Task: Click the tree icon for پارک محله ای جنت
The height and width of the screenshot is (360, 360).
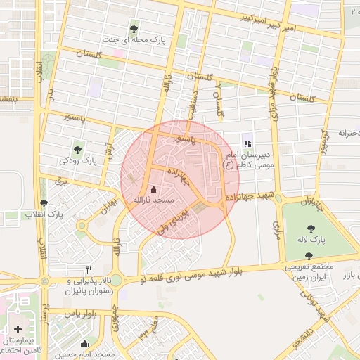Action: point(134,29)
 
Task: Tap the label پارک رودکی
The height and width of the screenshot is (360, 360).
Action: point(78,161)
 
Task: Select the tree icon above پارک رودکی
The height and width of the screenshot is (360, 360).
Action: point(78,148)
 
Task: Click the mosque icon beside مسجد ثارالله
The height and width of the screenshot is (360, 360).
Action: point(154,188)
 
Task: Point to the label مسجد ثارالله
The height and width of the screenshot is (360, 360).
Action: point(148,200)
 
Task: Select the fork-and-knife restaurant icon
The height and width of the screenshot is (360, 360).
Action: point(89,269)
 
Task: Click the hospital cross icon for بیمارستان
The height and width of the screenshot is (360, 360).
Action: point(18,329)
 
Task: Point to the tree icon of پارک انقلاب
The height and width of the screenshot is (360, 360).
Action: point(44,202)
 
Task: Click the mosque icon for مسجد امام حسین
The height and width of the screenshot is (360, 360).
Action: point(85,344)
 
